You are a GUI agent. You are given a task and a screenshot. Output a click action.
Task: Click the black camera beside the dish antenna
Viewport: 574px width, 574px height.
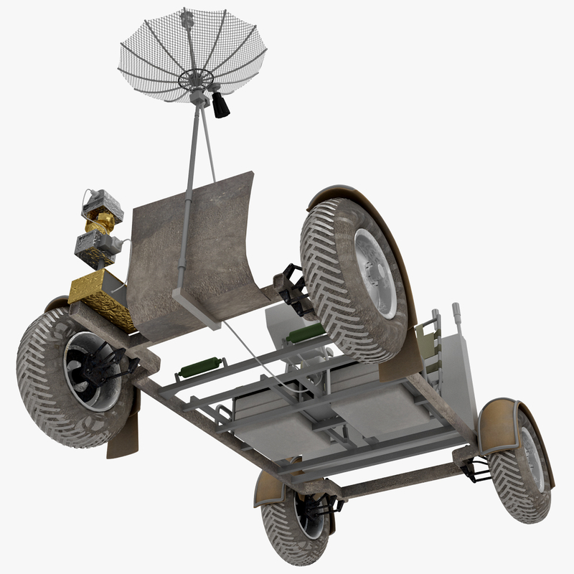point(220,105)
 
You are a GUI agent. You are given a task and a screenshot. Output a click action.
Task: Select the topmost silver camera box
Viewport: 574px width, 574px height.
point(101,203)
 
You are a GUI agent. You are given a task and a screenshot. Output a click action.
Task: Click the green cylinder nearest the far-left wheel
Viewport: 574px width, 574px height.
point(196,369)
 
